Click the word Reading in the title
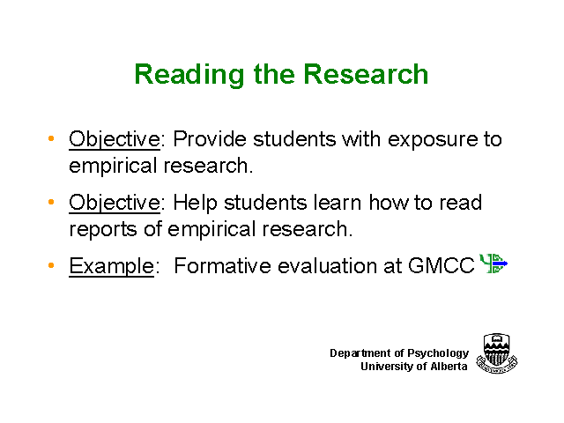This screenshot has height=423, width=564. coord(189,75)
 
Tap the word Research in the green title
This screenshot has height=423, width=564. coord(366,74)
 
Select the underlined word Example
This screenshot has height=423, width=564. coord(112,267)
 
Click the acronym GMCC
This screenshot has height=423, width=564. coord(441,266)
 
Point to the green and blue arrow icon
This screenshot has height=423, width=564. coord(493,263)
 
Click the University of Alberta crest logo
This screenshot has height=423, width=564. coord(497,353)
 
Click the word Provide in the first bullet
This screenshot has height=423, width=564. coord(210,139)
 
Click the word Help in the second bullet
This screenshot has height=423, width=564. coord(196,204)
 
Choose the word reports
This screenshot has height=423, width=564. coord(103,230)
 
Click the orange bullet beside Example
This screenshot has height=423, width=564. coord(51,265)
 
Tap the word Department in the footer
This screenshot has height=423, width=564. coord(360,353)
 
